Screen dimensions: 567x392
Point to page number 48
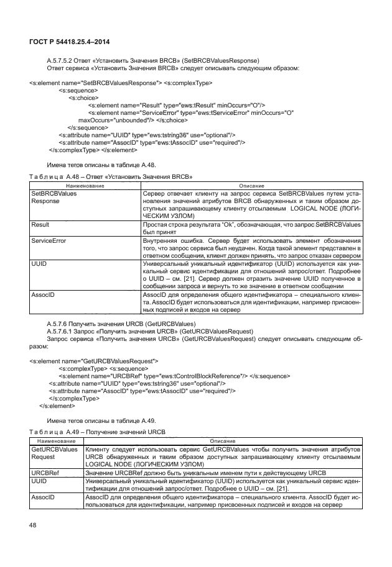pos(34,525)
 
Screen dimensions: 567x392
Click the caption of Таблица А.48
pos(110,176)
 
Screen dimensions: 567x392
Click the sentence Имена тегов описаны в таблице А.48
pos(101,165)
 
